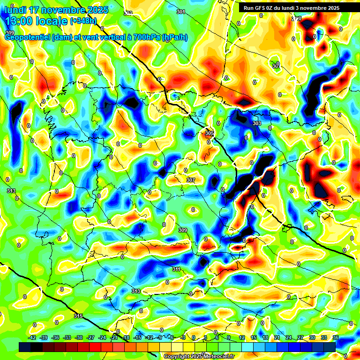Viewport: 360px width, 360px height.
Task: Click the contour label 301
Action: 181,12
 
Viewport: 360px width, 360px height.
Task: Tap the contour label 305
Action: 209,134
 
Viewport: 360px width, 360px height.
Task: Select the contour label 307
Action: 191,180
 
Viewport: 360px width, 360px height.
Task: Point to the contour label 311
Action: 176,269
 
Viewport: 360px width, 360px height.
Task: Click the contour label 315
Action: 78,316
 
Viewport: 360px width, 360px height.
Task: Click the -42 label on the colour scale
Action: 32,337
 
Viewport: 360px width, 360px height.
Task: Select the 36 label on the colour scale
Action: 336,337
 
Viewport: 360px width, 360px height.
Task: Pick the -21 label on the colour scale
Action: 114,337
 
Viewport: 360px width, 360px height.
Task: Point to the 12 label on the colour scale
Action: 242,337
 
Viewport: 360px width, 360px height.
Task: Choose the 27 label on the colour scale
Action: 300,337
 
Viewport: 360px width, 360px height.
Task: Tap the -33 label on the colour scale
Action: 67,337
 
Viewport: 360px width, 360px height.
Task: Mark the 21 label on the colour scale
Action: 277,337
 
